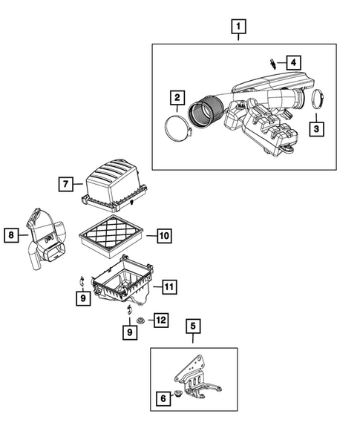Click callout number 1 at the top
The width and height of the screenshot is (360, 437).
(x=238, y=28)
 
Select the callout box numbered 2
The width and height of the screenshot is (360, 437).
(x=177, y=97)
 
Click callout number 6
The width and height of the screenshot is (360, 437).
(x=161, y=398)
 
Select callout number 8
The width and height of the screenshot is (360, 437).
(x=12, y=235)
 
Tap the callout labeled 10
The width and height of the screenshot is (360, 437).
(x=163, y=236)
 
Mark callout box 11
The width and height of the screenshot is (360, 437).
(x=168, y=286)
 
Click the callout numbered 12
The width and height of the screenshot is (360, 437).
(x=160, y=321)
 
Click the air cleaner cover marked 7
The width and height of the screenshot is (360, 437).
(x=114, y=185)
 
